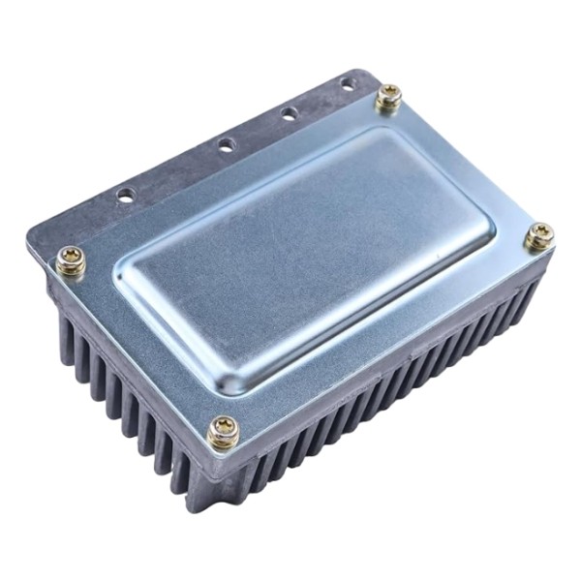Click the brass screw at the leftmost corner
(71, 259)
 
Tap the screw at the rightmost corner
(539, 234)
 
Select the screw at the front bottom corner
(224, 432)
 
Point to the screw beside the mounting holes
(389, 96)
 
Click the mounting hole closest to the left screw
(126, 195)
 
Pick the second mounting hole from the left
(226, 145)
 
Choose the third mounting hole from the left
(289, 114)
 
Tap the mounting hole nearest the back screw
(347, 85)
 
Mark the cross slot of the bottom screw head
(224, 430)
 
